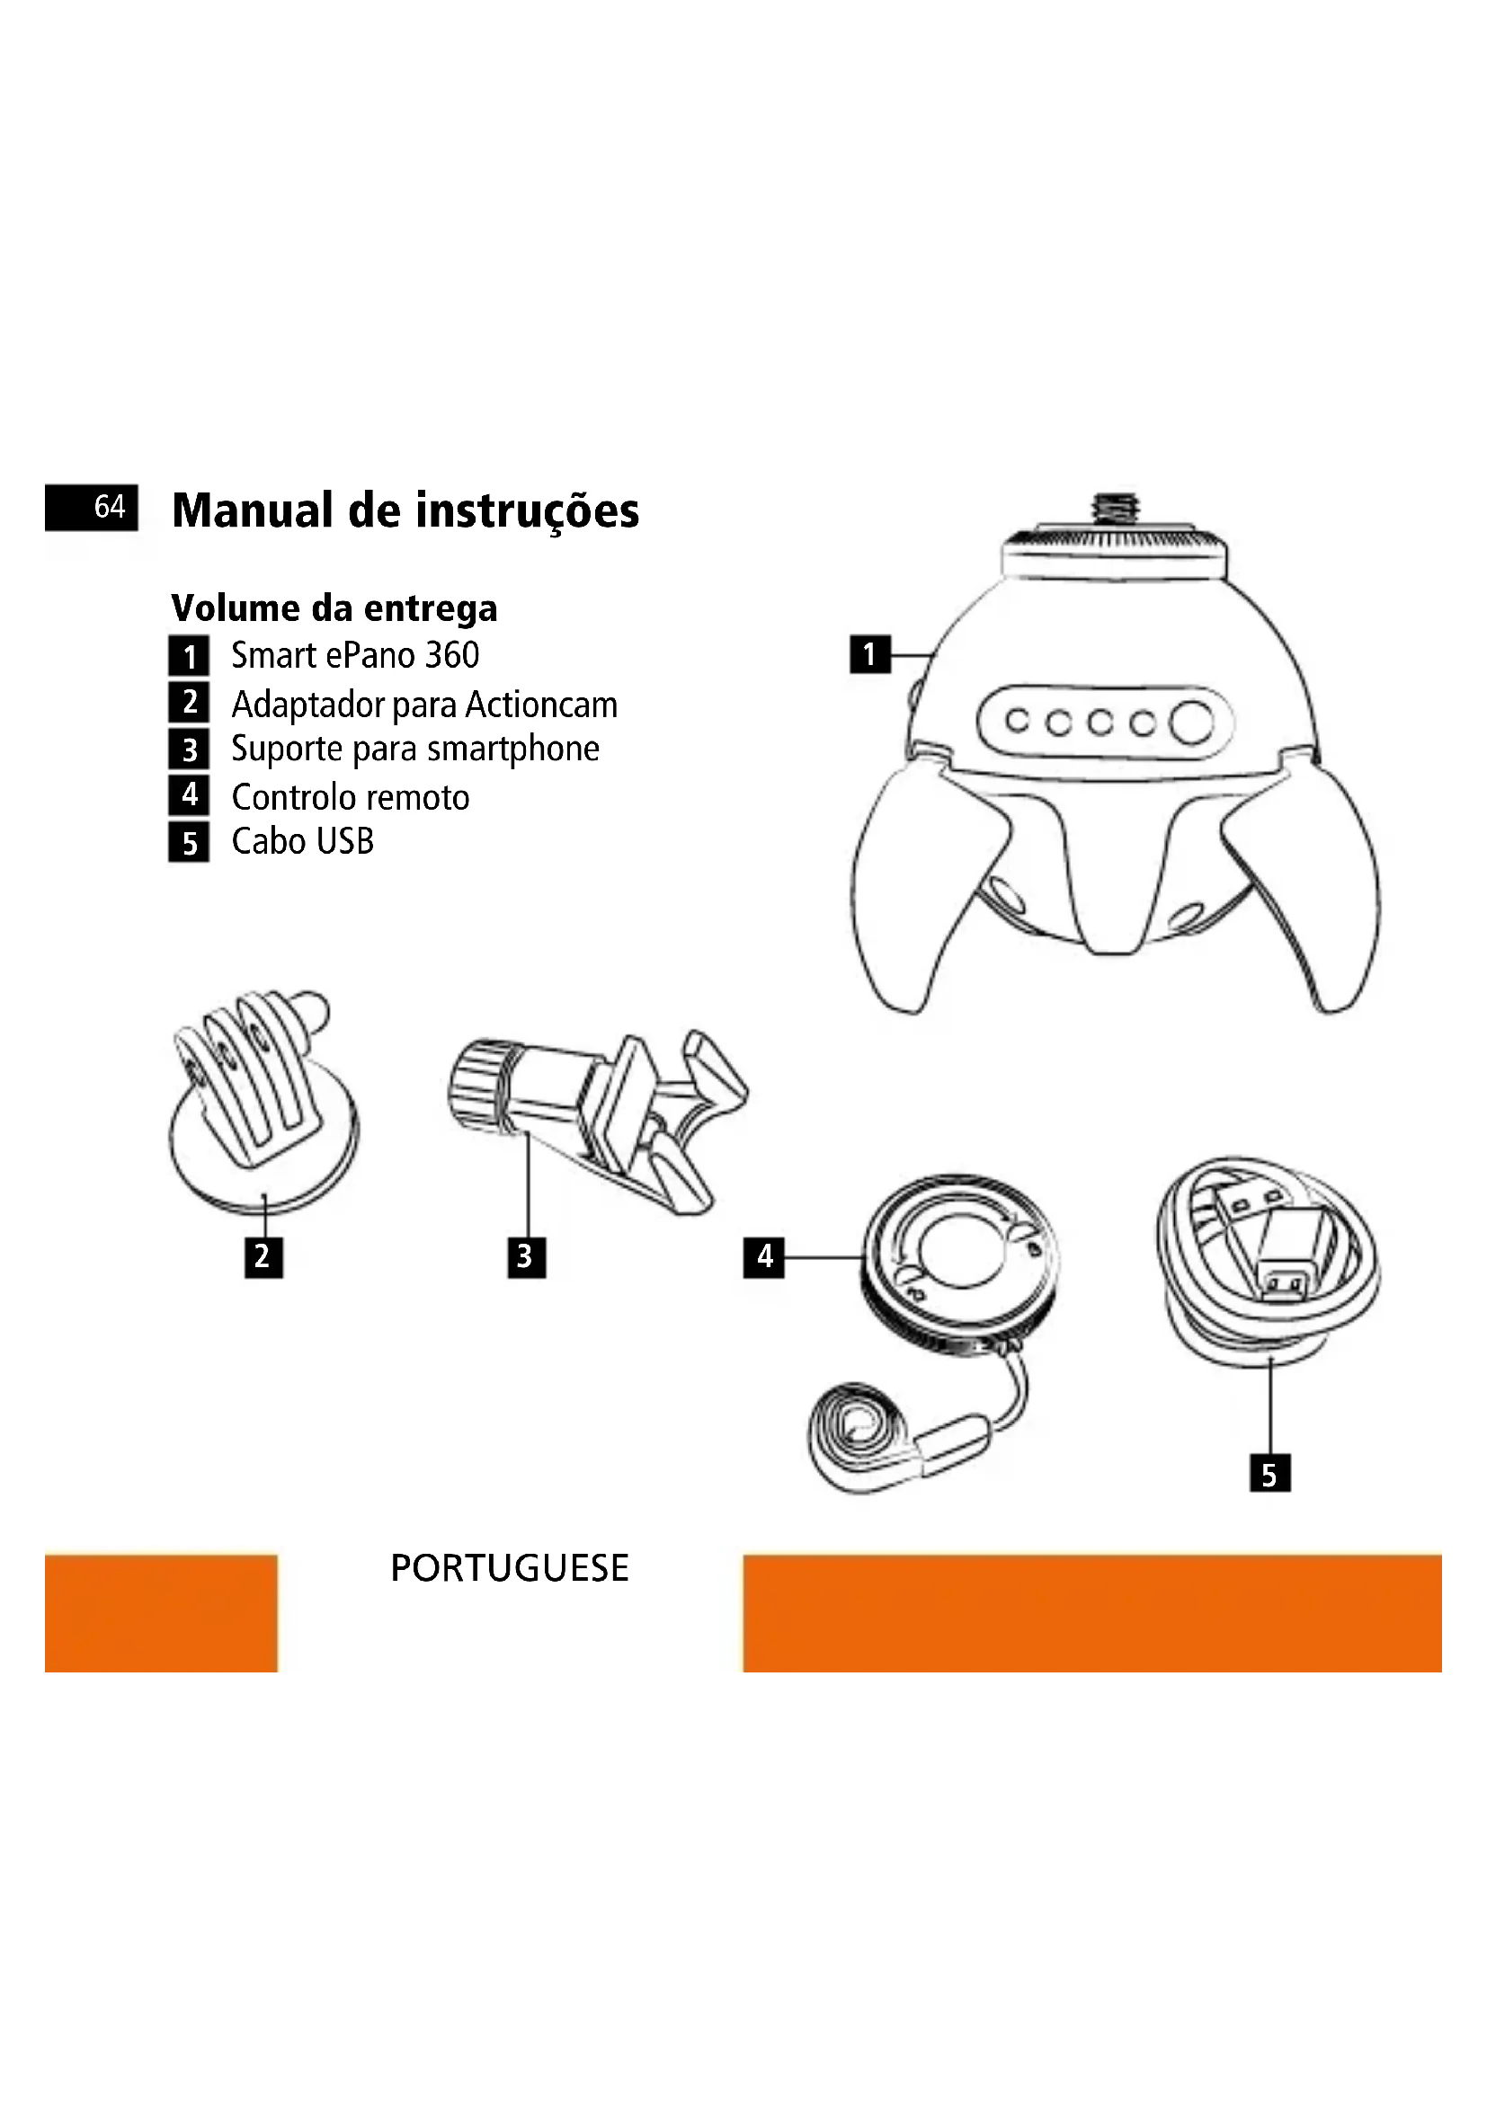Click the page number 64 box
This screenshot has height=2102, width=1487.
[92, 507]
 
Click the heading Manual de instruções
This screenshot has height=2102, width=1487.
[405, 510]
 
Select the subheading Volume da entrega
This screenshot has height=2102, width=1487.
[334, 608]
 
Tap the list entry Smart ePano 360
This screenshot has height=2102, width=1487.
[355, 655]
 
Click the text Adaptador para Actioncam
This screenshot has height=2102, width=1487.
[425, 705]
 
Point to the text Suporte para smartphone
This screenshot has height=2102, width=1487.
[415, 749]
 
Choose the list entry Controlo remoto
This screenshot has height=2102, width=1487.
[351, 797]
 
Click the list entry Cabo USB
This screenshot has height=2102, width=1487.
[303, 841]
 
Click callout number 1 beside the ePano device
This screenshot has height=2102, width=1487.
[870, 654]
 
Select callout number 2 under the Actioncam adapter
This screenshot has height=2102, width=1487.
[263, 1257]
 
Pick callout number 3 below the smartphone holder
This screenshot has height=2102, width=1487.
[527, 1257]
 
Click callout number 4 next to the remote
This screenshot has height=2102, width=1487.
[763, 1257]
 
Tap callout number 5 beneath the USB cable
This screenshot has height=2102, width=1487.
[1270, 1473]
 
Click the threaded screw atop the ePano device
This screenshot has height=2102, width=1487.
[1114, 510]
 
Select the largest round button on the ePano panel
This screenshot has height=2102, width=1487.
[1191, 723]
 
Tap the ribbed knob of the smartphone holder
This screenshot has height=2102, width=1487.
[478, 1085]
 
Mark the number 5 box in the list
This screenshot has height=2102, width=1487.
[189, 842]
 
